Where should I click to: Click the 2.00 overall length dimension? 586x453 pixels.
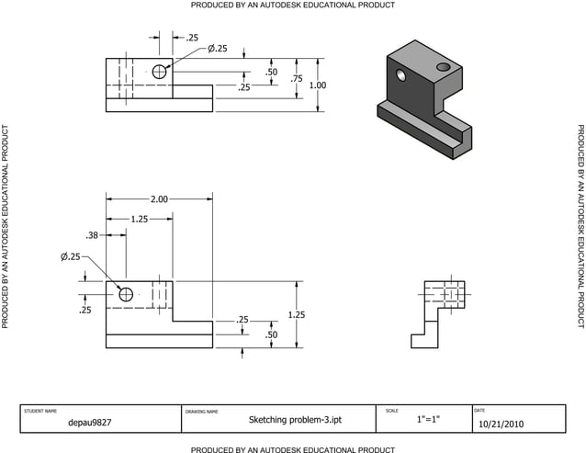(159, 199)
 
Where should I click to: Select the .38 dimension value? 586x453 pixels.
(92, 235)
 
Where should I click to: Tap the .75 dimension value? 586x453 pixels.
(296, 79)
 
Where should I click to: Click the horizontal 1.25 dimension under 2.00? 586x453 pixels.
(140, 220)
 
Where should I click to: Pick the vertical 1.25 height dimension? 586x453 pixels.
(296, 314)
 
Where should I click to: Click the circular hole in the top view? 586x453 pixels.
(160, 72)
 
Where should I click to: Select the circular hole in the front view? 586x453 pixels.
(126, 294)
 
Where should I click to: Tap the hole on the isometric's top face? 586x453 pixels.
(444, 67)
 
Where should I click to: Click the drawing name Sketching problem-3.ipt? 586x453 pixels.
(283, 420)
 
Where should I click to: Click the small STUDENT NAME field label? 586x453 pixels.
(39, 410)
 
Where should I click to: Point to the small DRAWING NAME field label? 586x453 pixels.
(202, 411)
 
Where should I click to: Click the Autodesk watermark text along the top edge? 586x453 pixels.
(293, 6)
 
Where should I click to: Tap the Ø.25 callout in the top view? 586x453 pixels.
(217, 48)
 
